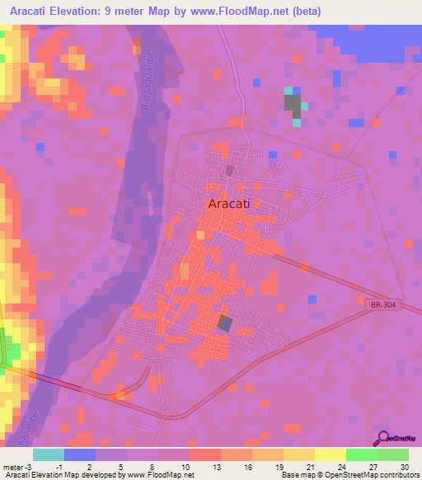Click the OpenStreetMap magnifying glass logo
pyautogui.click(x=382, y=439)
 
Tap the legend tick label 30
pyautogui.click(x=403, y=465)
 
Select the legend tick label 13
pyautogui.click(x=216, y=465)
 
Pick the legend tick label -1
pyautogui.click(x=59, y=465)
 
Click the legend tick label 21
pyautogui.click(x=310, y=465)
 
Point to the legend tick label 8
pyautogui.click(x=154, y=465)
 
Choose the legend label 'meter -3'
pyautogui.click(x=16, y=465)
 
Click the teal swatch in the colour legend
pyautogui.click(x=49, y=454)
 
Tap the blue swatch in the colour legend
pyautogui.click(x=80, y=454)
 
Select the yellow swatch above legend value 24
pyautogui.click(x=330, y=454)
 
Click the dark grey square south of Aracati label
pyautogui.click(x=224, y=324)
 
